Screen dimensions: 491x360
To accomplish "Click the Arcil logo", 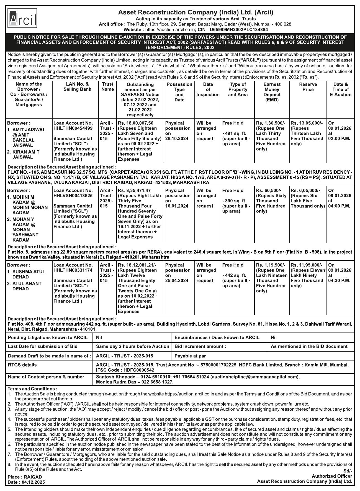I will point(22,19).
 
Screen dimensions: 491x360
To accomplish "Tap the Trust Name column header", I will point(107,87).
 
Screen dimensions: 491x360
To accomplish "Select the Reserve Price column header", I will point(308,87).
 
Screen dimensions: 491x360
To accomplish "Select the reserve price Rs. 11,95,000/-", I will point(307,265).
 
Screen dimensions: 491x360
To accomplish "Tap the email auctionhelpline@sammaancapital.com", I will point(255,377).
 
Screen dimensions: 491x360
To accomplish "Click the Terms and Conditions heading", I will point(32,389).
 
